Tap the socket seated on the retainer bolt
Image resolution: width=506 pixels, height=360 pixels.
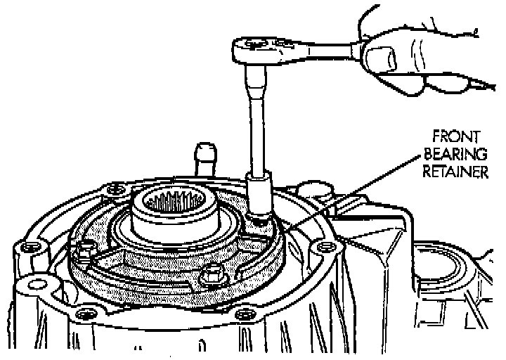point(259,198)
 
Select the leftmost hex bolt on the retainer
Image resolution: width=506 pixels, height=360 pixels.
point(87,248)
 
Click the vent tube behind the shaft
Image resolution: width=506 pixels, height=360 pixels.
point(203,157)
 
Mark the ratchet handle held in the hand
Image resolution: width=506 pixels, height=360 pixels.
point(323,49)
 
